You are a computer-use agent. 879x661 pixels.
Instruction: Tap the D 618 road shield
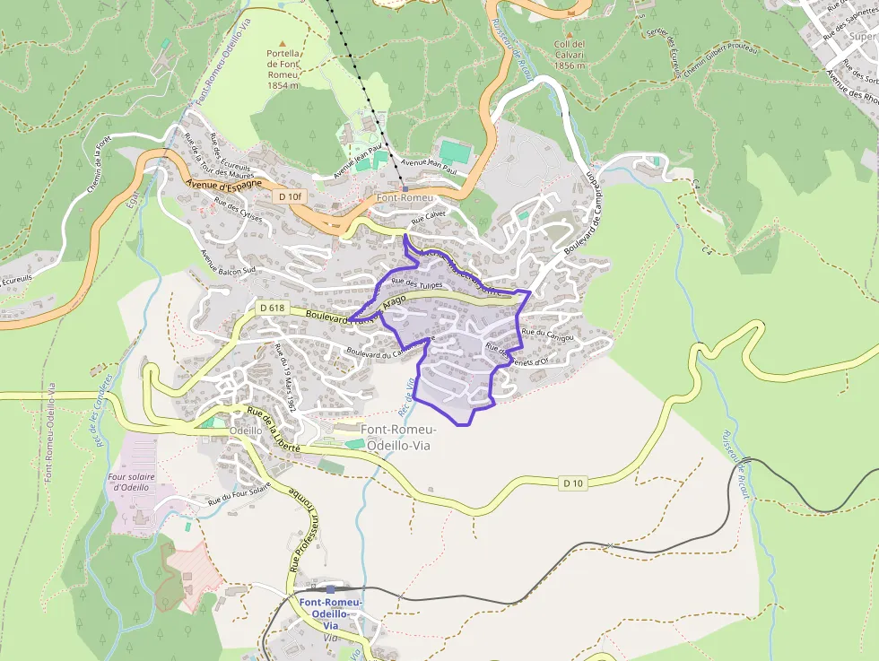click(x=272, y=308)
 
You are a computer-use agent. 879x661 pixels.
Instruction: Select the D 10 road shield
click(x=574, y=483)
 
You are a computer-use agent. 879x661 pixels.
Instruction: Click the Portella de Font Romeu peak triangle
click(x=283, y=43)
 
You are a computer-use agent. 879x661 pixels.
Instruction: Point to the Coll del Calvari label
click(x=570, y=54)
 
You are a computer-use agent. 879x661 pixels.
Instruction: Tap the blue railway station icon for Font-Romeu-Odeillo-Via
click(x=330, y=589)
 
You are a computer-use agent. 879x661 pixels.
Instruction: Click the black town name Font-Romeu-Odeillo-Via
click(x=397, y=437)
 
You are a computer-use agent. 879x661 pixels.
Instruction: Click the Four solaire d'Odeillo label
click(x=134, y=482)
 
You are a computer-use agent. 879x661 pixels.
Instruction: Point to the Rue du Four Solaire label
click(x=239, y=496)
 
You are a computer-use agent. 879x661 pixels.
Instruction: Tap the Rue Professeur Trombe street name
click(x=300, y=529)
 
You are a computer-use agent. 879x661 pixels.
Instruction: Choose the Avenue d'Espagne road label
click(x=224, y=184)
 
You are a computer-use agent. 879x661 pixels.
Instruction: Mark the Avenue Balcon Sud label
click(x=229, y=260)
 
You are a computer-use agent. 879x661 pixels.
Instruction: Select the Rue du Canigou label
click(x=547, y=334)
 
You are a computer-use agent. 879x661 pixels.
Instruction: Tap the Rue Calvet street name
click(x=429, y=218)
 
